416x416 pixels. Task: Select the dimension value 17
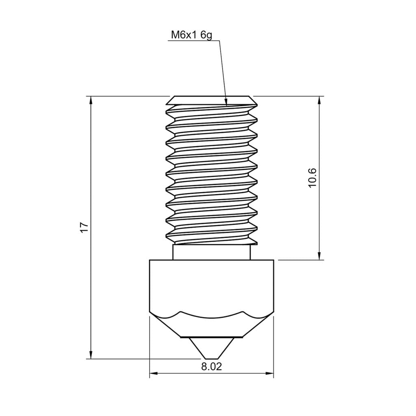click(x=84, y=227)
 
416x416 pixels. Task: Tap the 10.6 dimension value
click(x=312, y=178)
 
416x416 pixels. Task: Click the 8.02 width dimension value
click(x=212, y=367)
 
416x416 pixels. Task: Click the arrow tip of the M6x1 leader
click(x=226, y=102)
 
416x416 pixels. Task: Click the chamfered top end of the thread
click(x=212, y=99)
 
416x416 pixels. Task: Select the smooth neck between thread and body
click(x=212, y=252)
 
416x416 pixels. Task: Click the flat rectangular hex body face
click(x=212, y=284)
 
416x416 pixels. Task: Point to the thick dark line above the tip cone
click(x=212, y=337)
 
